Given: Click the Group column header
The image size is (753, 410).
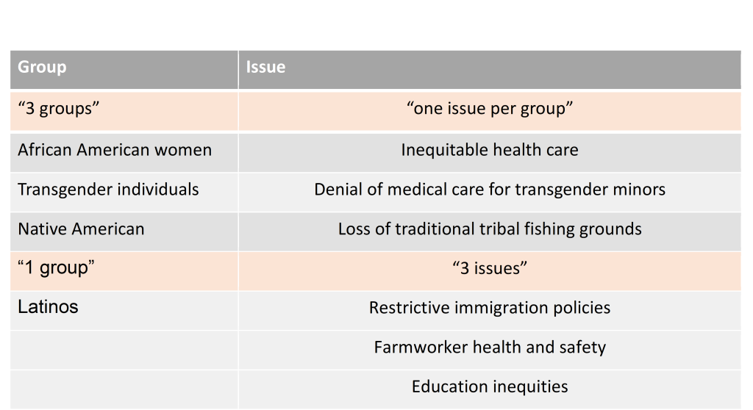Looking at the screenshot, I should click(42, 68).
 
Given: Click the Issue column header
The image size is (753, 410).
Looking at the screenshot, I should click(265, 68).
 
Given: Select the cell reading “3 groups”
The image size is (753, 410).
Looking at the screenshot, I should click(58, 109).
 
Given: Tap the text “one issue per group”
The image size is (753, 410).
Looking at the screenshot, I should click(489, 109).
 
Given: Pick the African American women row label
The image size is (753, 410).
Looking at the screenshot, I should click(114, 150).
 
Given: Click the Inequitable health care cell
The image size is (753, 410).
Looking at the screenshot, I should click(489, 150).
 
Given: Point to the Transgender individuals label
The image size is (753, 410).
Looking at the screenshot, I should click(108, 190).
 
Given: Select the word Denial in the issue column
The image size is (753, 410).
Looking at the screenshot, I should click(338, 190).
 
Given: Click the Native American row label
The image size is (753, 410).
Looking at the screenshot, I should click(81, 229).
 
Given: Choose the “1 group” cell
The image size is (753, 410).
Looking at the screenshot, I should click(56, 268).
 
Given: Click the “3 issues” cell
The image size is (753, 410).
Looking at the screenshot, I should click(489, 269).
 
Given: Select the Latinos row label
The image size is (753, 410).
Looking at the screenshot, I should click(48, 306).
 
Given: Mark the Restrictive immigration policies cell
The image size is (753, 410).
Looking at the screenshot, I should click(489, 308).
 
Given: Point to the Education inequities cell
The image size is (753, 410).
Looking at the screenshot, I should click(489, 386).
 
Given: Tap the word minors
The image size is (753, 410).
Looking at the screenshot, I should click(639, 190).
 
